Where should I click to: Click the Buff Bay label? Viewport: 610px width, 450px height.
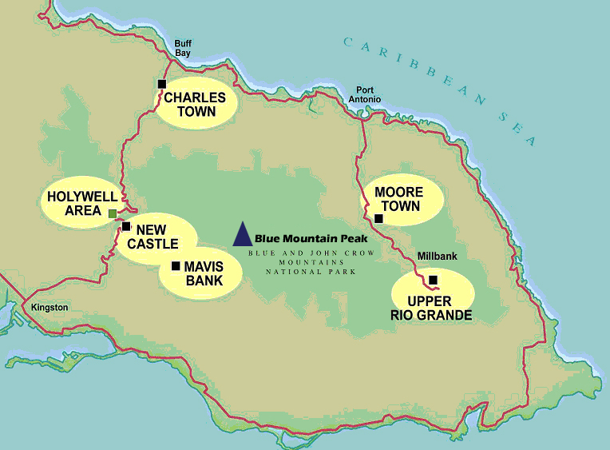[x=184, y=49]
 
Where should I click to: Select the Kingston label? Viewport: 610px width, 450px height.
[x=50, y=307]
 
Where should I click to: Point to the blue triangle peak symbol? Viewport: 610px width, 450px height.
[x=242, y=235]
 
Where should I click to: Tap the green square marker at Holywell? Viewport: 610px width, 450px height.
[x=112, y=213]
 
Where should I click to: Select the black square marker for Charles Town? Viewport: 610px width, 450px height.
[x=162, y=84]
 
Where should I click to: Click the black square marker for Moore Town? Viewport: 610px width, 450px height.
[x=378, y=218]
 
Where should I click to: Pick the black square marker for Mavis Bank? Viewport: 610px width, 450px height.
[x=176, y=265]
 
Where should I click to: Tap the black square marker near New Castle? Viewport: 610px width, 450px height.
[x=126, y=226]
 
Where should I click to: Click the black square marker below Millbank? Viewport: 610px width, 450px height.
[x=433, y=280]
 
